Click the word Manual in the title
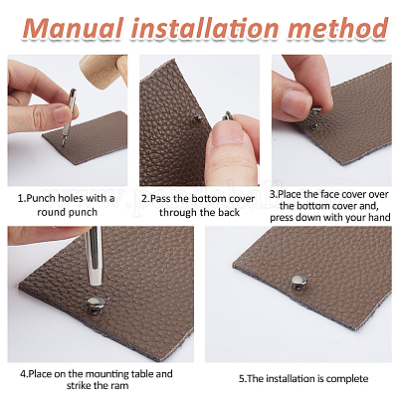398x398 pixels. click(74, 29)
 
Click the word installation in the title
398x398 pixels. click(205, 28)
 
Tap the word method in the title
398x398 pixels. click(337, 28)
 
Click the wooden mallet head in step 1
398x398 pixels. click(104, 71)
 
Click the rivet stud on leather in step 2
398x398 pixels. click(198, 118)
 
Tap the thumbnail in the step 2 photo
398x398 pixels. click(228, 136)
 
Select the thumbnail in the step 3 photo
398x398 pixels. click(296, 102)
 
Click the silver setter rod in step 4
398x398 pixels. click(95, 256)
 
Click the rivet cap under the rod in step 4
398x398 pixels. click(96, 305)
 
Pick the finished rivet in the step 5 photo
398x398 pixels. click(299, 282)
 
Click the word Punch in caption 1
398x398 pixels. click(41, 199)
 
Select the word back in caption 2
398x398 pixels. click(229, 212)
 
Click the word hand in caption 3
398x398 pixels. click(378, 218)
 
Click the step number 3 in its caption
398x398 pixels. click(273, 194)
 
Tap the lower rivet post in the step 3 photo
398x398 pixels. click(314, 125)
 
